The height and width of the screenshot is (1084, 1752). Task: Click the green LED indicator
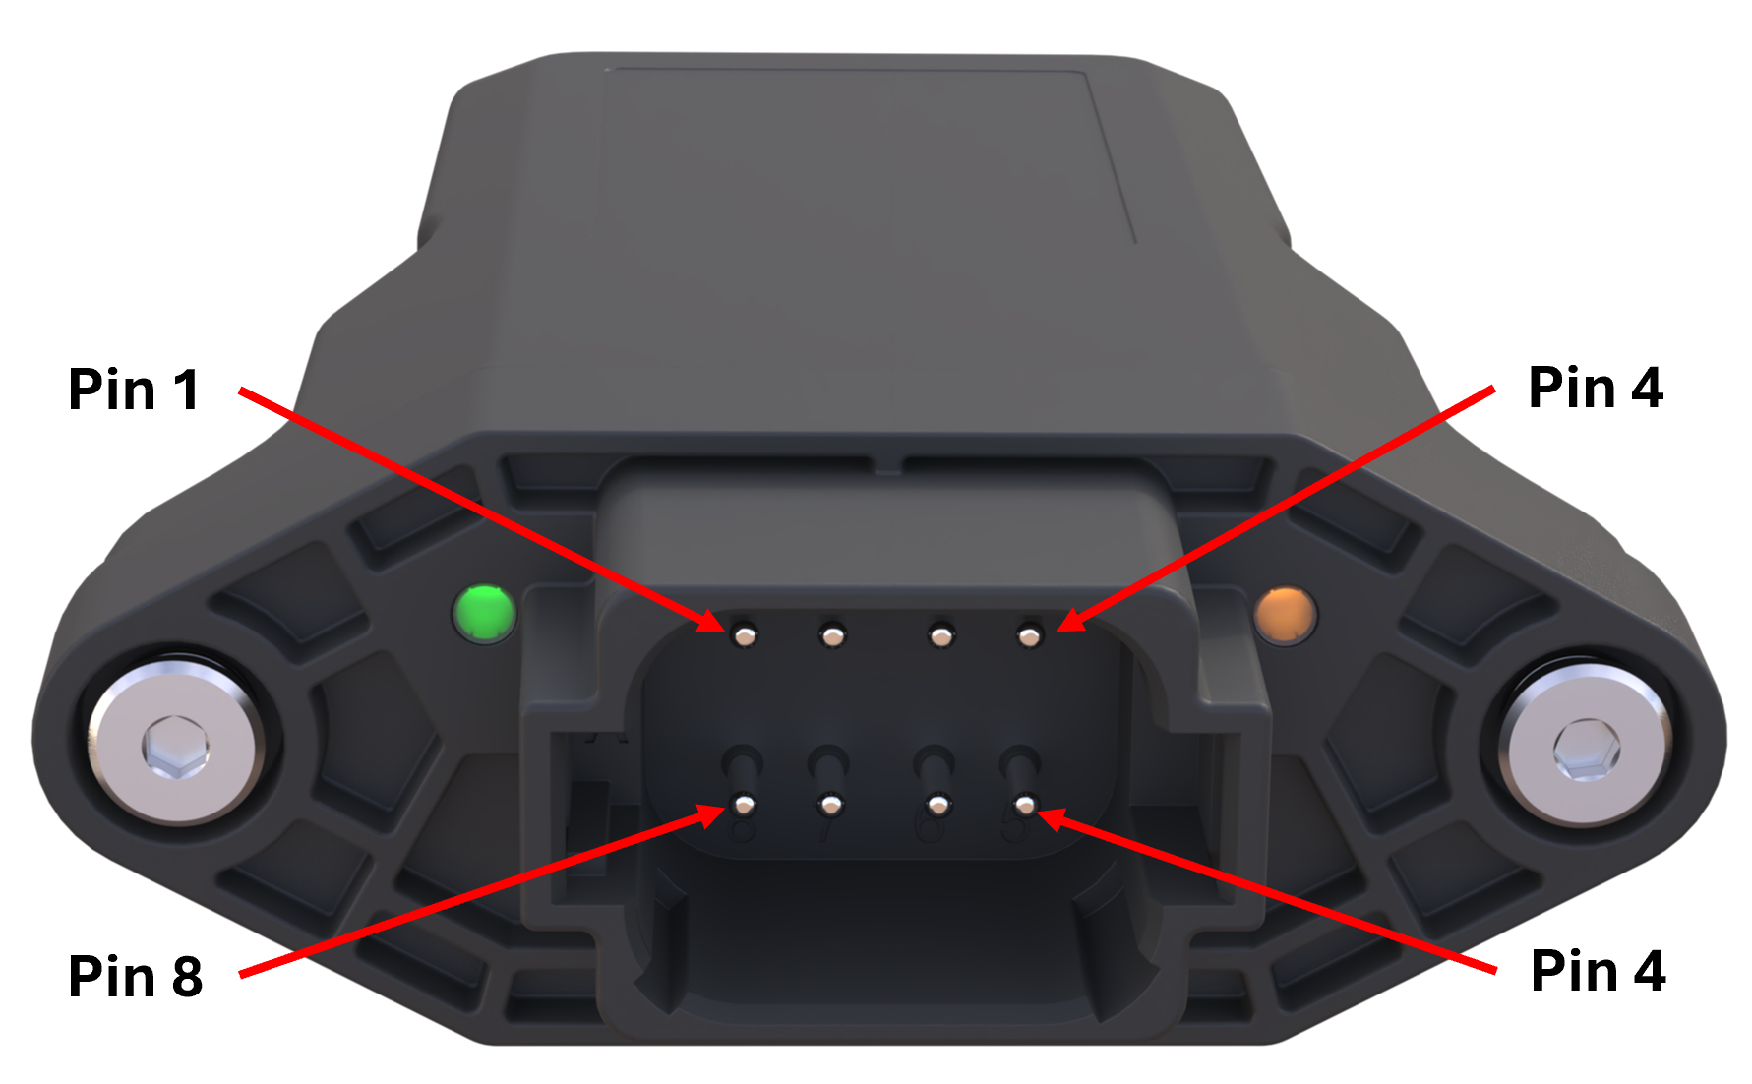pyautogui.click(x=484, y=614)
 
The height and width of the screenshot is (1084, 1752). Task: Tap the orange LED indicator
pyautogui.click(x=1286, y=615)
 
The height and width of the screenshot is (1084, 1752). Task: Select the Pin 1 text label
pyautogui.click(x=134, y=390)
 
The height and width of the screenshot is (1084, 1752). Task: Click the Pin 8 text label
pyautogui.click(x=136, y=977)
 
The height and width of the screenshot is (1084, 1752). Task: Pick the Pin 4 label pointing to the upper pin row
pyautogui.click(x=1595, y=388)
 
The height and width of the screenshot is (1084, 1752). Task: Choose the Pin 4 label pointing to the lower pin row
pyautogui.click(x=1598, y=972)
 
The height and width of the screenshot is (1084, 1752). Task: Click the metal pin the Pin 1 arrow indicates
pyautogui.click(x=746, y=636)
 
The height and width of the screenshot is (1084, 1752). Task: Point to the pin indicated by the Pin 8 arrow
pyautogui.click(x=744, y=807)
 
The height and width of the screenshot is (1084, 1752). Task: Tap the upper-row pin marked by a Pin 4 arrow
pyautogui.click(x=1030, y=637)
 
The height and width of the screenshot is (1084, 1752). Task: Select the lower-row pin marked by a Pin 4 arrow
pyautogui.click(x=1026, y=806)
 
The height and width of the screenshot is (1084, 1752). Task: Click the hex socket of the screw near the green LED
pyautogui.click(x=175, y=747)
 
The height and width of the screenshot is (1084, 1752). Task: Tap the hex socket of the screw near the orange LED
pyautogui.click(x=1586, y=750)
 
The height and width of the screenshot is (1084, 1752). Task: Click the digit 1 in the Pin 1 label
pyautogui.click(x=187, y=390)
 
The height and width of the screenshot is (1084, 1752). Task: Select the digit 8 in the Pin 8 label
pyautogui.click(x=187, y=977)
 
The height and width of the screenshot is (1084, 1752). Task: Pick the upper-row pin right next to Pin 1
pyautogui.click(x=833, y=637)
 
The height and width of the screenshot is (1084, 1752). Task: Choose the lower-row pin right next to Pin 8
pyautogui.click(x=831, y=807)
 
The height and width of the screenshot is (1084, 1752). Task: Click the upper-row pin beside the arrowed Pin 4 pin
pyautogui.click(x=941, y=637)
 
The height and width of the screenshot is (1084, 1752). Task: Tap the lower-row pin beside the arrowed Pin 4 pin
pyautogui.click(x=938, y=807)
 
